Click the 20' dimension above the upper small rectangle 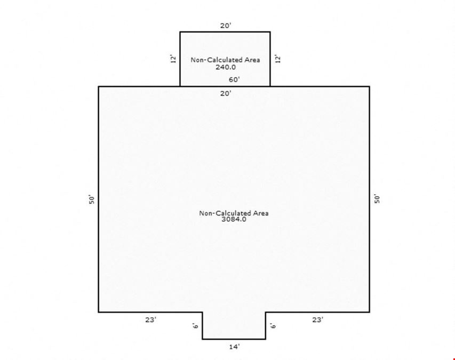pyautogui.click(x=226, y=26)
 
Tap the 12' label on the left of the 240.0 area pyautogui.click(x=173, y=59)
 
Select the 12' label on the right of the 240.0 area pyautogui.click(x=278, y=59)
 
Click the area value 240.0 pyautogui.click(x=226, y=67)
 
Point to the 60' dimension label pyautogui.click(x=234, y=79)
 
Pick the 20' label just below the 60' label pyautogui.click(x=226, y=93)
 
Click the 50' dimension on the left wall pyautogui.click(x=92, y=199)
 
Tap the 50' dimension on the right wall pyautogui.click(x=377, y=199)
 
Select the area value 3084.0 pyautogui.click(x=234, y=219)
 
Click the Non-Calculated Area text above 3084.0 pyautogui.click(x=234, y=213)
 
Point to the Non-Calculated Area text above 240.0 pyautogui.click(x=225, y=60)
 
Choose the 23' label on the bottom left pyautogui.click(x=150, y=319)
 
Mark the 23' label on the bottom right pyautogui.click(x=318, y=319)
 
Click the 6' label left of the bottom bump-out pyautogui.click(x=196, y=325)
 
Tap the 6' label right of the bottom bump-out pyautogui.click(x=273, y=325)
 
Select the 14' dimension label pyautogui.click(x=235, y=347)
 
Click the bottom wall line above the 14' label pyautogui.click(x=234, y=339)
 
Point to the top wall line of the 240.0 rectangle pyautogui.click(x=225, y=32)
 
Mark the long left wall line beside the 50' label pyautogui.click(x=99, y=199)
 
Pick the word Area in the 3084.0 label pyautogui.click(x=261, y=213)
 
